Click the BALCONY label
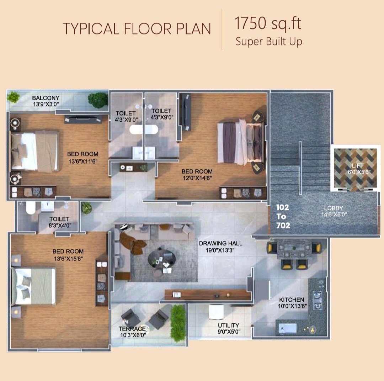[x=46, y=98]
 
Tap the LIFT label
[x=358, y=166]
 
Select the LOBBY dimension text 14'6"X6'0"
[x=334, y=215]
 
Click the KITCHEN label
[x=292, y=300]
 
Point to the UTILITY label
[x=229, y=326]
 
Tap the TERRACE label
[x=132, y=329]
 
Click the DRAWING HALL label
[x=221, y=243]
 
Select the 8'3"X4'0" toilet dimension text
[x=60, y=226]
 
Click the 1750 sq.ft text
[x=268, y=23]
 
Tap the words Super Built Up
[x=269, y=42]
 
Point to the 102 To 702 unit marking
[x=283, y=216]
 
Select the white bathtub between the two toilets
[x=144, y=129]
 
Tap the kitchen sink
[x=288, y=328]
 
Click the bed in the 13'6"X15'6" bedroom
[x=33, y=286]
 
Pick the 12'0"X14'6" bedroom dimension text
[x=197, y=178]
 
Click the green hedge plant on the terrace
[x=178, y=323]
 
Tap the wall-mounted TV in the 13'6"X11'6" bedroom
[x=83, y=119]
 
